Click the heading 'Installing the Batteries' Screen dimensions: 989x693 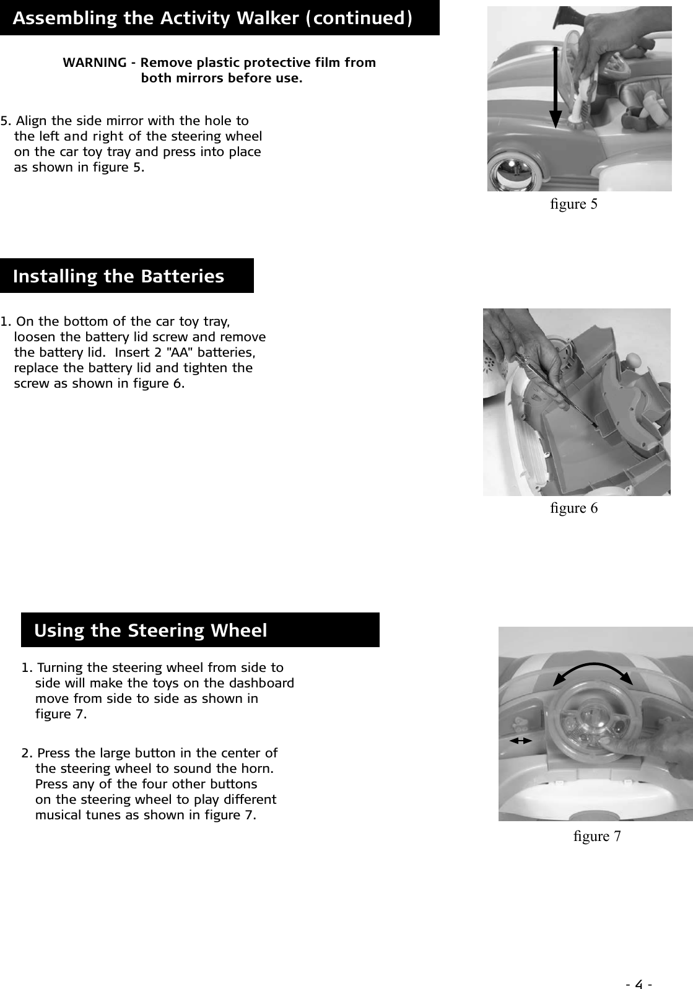coord(118,276)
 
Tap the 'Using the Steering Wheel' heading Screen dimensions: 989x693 coord(150,630)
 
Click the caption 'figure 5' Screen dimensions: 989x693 coord(573,204)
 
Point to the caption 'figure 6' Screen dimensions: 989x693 coord(573,508)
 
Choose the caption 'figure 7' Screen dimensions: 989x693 coord(597,837)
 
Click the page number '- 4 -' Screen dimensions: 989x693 coord(640,967)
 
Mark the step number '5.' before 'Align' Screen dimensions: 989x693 coord(6,120)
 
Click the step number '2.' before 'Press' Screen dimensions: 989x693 coord(27,754)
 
